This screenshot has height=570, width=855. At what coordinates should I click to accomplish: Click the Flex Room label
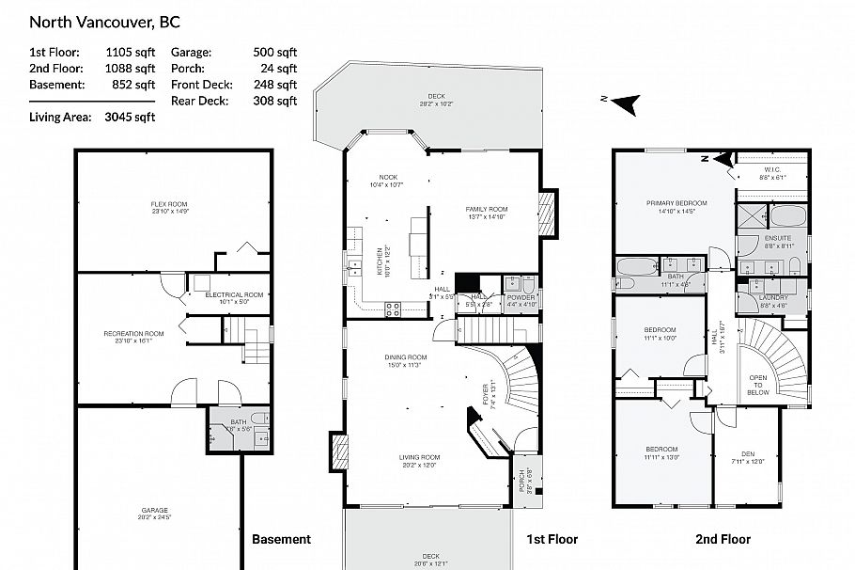pos(169,204)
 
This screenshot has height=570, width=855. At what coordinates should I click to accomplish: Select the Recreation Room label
pos(133,333)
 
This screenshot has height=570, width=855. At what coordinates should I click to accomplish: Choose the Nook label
pos(388,178)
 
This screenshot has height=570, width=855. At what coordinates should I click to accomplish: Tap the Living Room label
pos(420,457)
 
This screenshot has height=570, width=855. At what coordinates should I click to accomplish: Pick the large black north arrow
pos(624,100)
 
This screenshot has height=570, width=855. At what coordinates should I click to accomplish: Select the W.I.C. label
pos(771,170)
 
